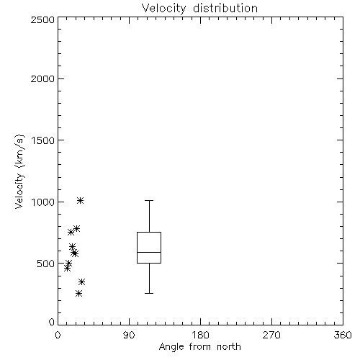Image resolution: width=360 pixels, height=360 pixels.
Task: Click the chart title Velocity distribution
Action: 199,9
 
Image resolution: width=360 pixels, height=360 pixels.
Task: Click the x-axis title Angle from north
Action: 199,346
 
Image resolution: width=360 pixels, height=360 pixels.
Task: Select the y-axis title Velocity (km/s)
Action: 19,171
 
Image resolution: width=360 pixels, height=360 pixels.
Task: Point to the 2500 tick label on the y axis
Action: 42,19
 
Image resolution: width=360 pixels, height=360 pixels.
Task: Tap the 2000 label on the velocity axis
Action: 42,78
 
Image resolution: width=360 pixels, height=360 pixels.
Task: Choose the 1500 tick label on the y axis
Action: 43,140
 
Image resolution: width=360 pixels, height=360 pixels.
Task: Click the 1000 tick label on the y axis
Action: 43,202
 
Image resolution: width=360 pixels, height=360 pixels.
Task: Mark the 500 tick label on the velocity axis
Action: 45,264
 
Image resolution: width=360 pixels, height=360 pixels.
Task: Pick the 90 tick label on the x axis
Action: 129,335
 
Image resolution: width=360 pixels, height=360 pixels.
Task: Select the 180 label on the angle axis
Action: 200,335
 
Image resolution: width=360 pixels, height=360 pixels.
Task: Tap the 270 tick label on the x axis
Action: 271,335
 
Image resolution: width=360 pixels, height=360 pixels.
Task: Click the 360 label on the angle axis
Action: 343,335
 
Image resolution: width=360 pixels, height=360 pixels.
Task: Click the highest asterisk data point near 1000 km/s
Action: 80,201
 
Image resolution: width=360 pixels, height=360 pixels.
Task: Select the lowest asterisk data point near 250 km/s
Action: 78,293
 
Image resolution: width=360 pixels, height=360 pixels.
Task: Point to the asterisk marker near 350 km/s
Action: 82,282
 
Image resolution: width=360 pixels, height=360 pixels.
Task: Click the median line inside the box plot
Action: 149,252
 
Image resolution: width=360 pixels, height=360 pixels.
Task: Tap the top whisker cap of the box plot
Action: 149,200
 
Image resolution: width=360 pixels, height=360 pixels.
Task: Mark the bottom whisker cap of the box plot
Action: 149,293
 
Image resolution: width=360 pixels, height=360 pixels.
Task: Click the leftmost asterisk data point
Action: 68,269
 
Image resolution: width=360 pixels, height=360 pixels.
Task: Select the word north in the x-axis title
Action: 229,346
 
